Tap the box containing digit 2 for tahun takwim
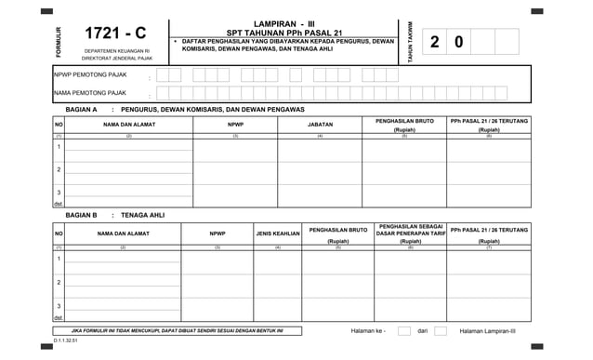point(436,42)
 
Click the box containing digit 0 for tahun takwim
point(459,42)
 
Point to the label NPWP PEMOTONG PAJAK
point(89,74)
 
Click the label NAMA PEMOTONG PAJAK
point(89,93)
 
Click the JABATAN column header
point(320,124)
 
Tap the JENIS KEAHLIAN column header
point(278,233)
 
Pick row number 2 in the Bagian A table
point(59,169)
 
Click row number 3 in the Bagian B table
point(59,306)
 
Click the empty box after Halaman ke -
point(404,330)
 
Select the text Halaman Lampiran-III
point(488,330)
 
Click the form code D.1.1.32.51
point(65,342)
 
